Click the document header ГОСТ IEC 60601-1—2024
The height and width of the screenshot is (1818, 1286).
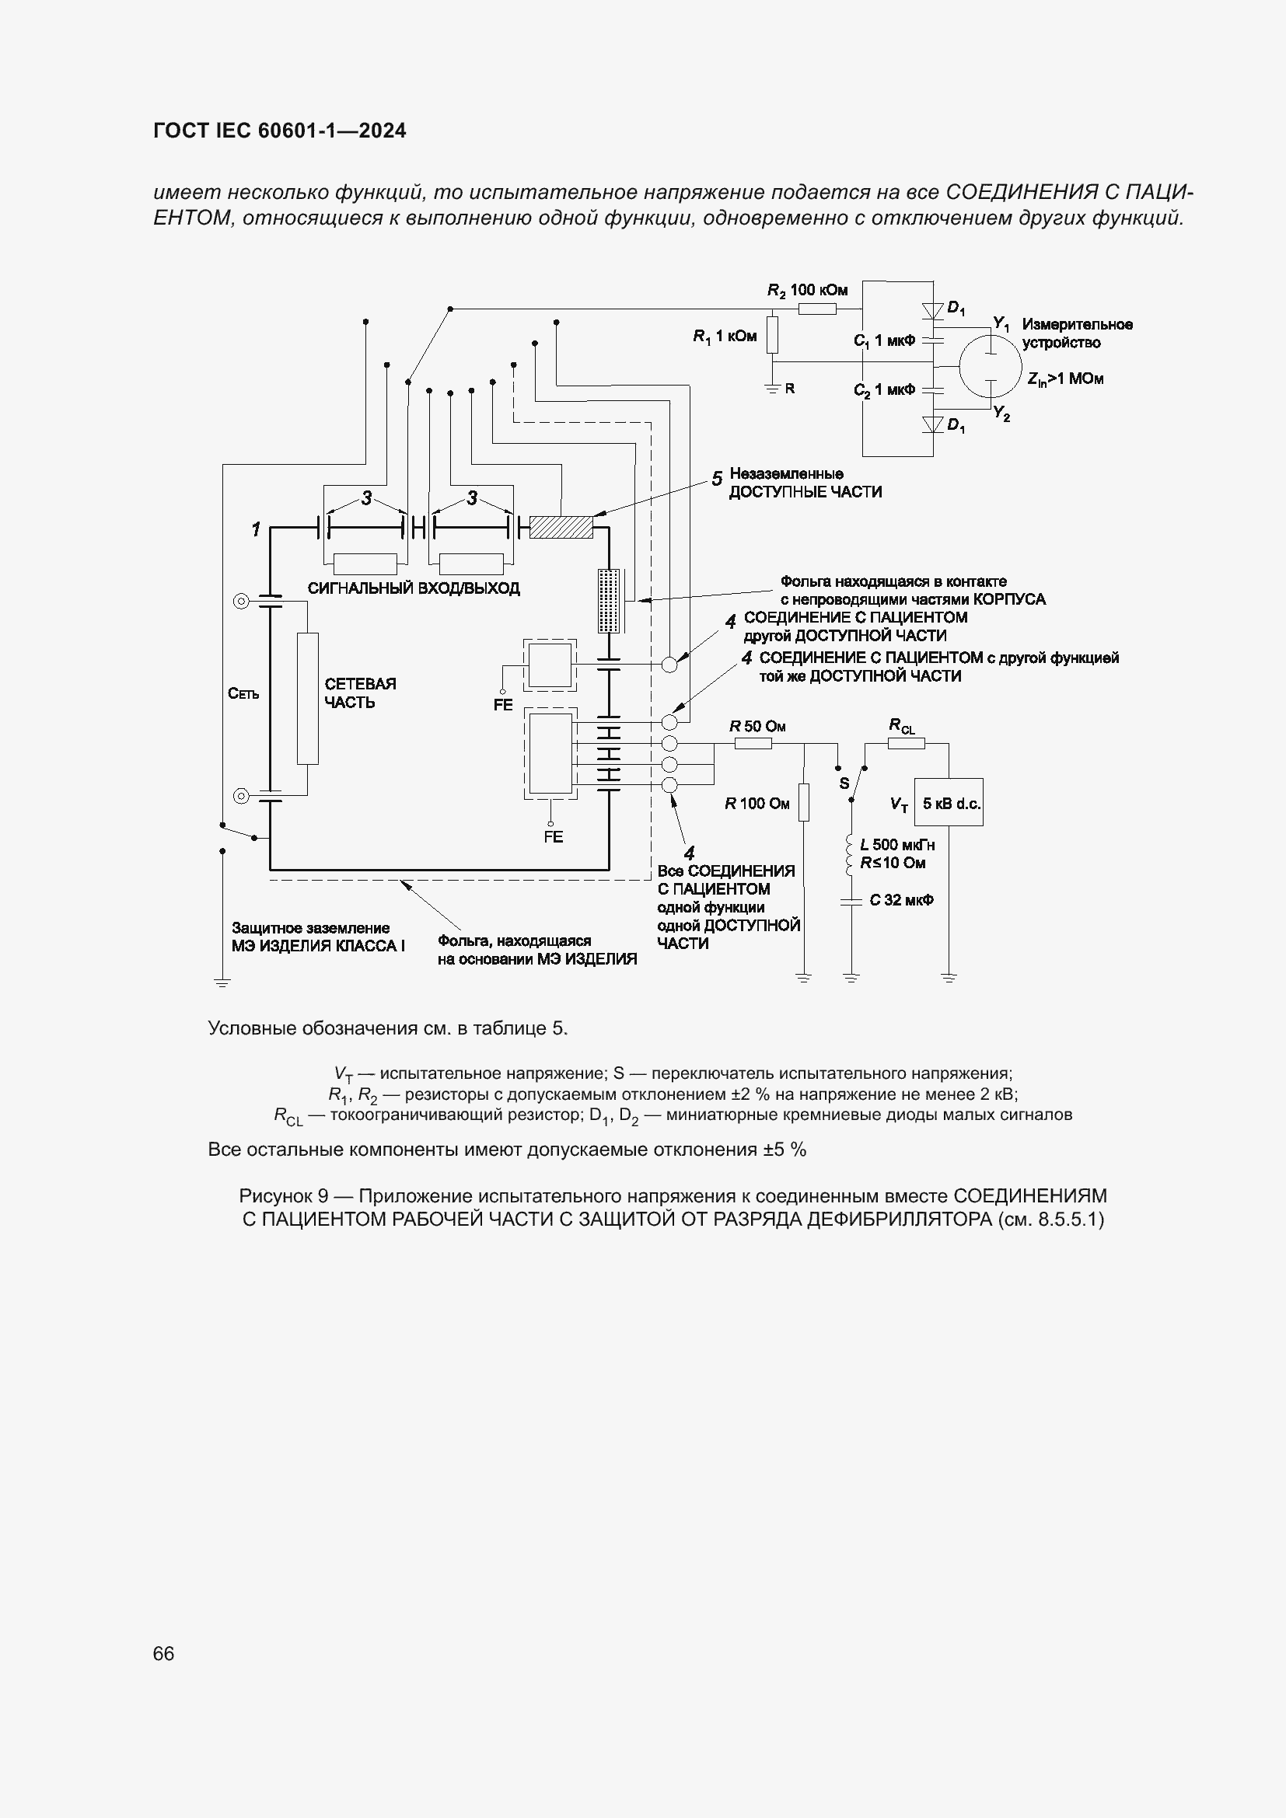click(280, 131)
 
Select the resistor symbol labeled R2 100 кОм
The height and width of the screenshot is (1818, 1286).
click(816, 309)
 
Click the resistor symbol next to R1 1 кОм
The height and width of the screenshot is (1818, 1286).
click(773, 335)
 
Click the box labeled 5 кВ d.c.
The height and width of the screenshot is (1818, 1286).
click(949, 803)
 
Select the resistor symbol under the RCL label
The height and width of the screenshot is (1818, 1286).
click(901, 743)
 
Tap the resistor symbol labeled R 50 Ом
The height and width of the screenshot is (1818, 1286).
click(753, 743)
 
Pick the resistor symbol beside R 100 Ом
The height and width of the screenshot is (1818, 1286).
click(804, 802)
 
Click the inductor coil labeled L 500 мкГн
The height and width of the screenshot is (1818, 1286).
click(851, 853)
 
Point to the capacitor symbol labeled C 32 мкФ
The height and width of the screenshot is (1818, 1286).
click(851, 901)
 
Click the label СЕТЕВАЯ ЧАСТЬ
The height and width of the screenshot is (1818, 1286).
click(360, 693)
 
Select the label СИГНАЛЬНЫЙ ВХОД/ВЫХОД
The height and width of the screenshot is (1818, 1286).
click(414, 588)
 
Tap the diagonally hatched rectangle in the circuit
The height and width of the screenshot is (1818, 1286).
click(561, 526)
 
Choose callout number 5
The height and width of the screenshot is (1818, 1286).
click(717, 479)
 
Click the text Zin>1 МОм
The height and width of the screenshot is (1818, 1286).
click(1065, 379)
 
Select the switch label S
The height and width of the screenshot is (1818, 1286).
click(844, 784)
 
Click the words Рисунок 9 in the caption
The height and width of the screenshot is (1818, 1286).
click(284, 1195)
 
